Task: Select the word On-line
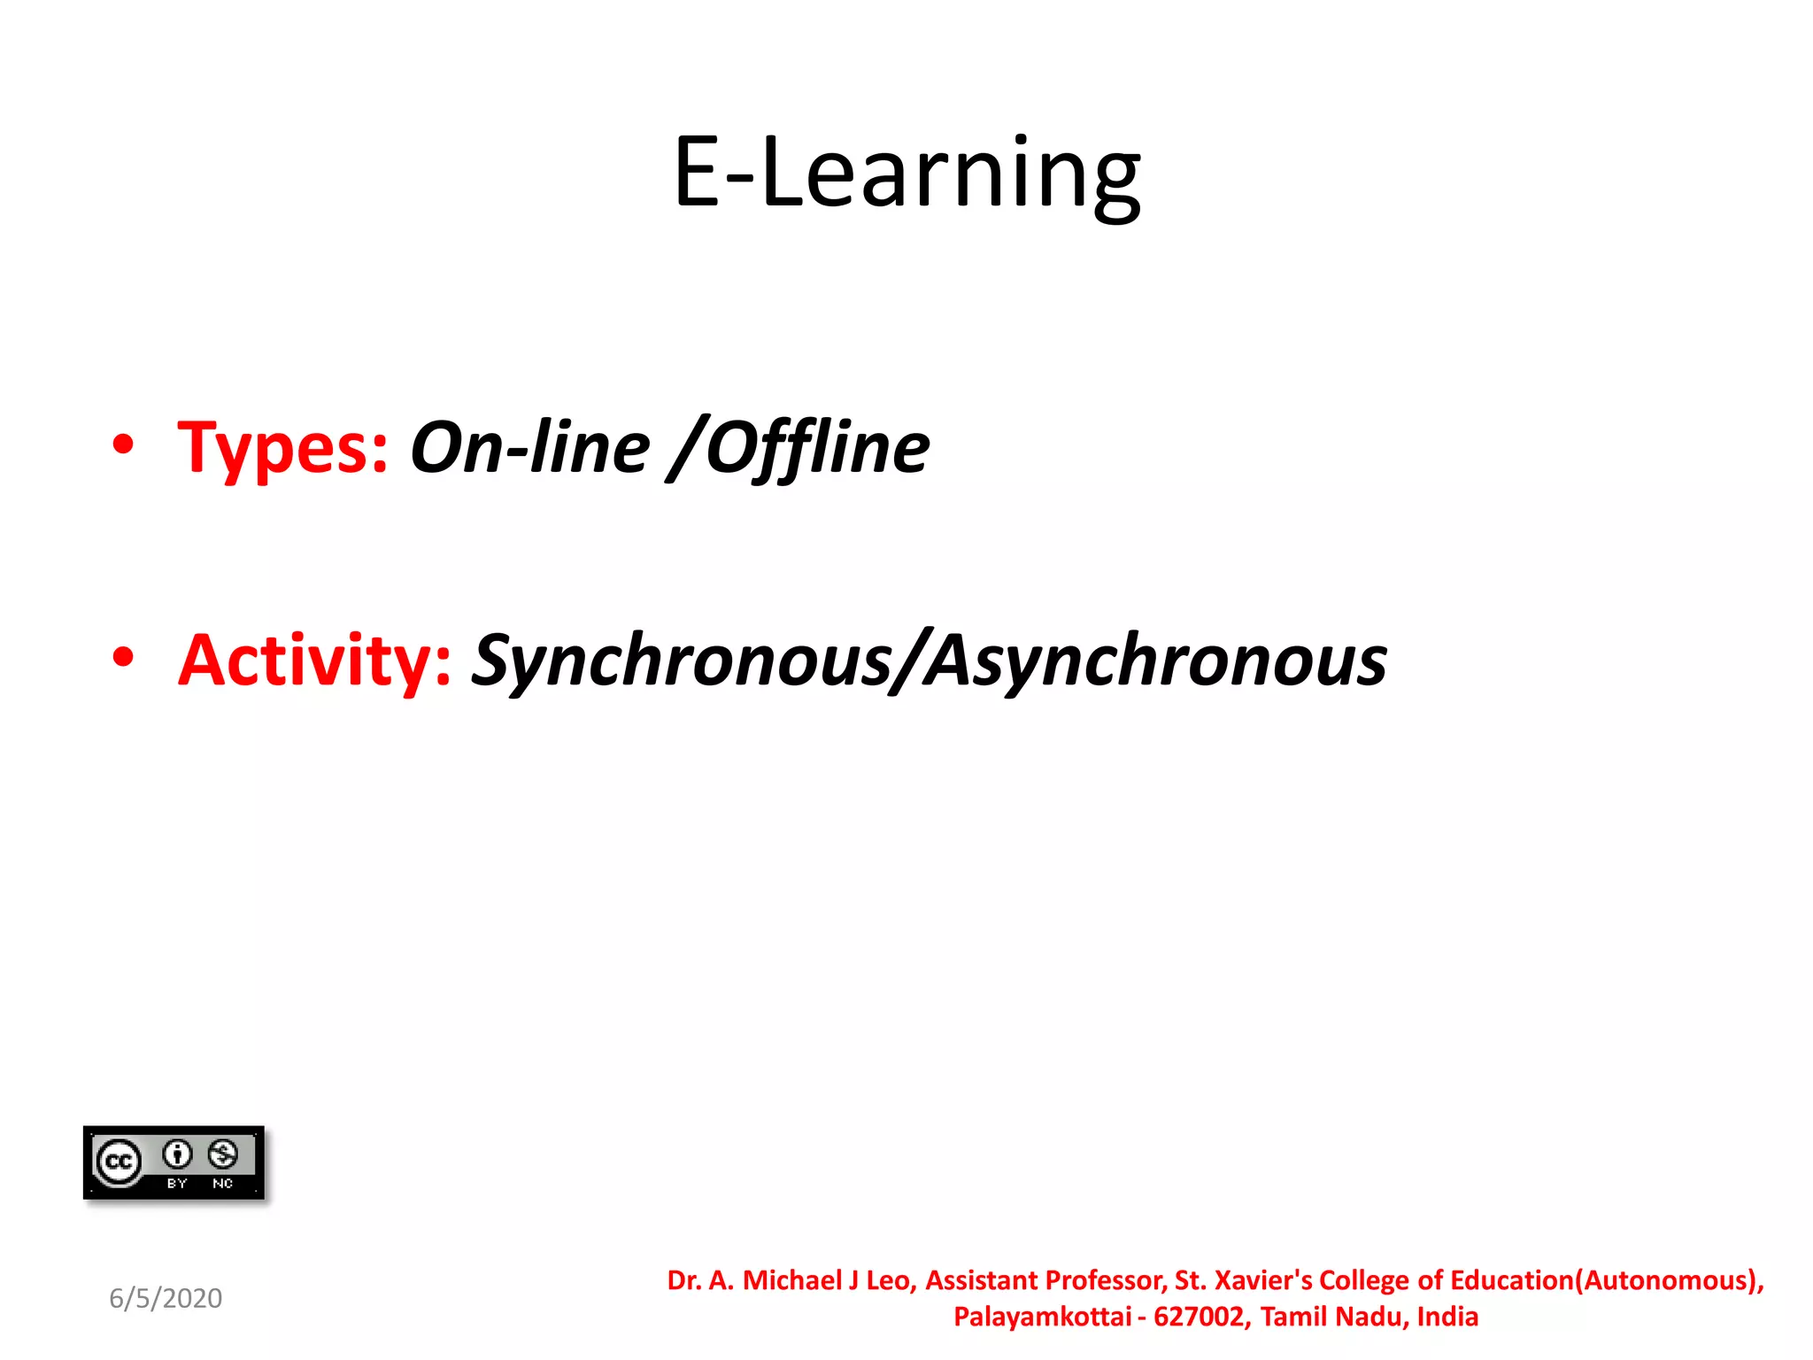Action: click(529, 448)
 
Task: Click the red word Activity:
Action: click(315, 661)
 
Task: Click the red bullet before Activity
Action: click(123, 657)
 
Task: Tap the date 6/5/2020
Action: click(166, 1298)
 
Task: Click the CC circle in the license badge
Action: click(119, 1162)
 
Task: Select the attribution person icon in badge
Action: click(177, 1154)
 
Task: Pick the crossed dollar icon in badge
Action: click(222, 1154)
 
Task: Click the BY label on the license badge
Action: click(177, 1184)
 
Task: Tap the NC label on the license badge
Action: click(222, 1184)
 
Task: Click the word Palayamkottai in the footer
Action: click(1042, 1317)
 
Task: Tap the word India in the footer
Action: click(1447, 1317)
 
